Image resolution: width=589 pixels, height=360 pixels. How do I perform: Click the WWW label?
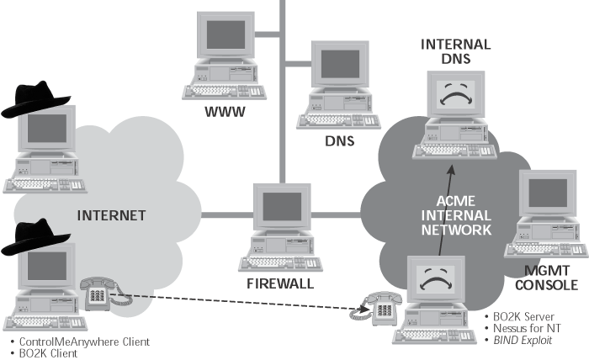(225, 112)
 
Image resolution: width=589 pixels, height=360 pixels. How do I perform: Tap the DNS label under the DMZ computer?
(340, 141)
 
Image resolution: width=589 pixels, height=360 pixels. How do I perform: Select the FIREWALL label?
(280, 283)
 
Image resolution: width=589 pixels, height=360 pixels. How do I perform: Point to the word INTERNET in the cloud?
(112, 215)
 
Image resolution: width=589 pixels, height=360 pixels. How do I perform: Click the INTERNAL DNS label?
(456, 51)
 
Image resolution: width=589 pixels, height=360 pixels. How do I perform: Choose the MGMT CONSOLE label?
(547, 278)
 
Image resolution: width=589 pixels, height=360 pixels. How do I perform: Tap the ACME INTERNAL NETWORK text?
(456, 215)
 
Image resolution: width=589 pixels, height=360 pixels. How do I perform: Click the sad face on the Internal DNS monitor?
(456, 94)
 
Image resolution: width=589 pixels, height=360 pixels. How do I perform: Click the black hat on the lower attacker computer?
(35, 236)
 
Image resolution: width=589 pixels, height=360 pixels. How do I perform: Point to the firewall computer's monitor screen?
(282, 206)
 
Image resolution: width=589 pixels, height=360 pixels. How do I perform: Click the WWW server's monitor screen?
(226, 34)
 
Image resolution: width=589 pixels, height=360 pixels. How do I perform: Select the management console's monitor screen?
(548, 193)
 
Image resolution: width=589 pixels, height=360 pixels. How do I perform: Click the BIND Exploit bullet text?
(523, 341)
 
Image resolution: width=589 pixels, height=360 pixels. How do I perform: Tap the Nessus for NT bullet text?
(527, 329)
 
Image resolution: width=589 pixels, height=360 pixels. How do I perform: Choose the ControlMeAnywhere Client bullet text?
(84, 342)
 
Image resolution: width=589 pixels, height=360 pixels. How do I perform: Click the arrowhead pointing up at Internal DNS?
(452, 170)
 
